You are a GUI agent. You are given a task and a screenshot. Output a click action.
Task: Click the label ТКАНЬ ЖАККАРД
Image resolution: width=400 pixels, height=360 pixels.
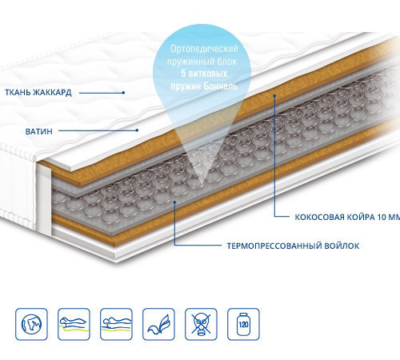pos(38,93)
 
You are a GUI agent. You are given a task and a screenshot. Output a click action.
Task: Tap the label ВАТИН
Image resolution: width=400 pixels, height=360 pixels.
pos(39,131)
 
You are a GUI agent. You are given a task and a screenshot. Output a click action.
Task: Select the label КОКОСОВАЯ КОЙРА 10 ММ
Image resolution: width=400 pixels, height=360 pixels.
pos(347,217)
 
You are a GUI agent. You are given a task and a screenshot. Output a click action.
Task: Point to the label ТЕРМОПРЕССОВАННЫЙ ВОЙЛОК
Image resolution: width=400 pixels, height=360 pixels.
pos(293,246)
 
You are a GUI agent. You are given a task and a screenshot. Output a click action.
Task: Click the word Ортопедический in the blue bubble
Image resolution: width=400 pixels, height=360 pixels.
pos(204,49)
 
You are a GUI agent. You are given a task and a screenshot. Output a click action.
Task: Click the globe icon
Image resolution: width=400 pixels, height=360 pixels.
pos(31,324)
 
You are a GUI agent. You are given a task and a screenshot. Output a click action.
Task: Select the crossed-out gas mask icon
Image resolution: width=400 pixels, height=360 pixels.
pos(201,324)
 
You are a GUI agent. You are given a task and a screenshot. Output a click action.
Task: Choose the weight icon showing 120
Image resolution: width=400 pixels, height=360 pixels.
pos(243,324)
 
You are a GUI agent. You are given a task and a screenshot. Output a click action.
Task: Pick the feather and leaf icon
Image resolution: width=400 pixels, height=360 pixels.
pos(158,324)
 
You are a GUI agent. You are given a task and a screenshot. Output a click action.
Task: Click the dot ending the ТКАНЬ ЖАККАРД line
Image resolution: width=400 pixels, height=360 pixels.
pos(123,93)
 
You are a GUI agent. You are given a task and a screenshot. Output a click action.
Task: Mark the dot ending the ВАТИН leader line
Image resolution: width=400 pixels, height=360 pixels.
pos(137,130)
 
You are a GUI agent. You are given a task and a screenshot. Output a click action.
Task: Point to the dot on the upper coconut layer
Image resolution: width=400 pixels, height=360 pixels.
pos(274,95)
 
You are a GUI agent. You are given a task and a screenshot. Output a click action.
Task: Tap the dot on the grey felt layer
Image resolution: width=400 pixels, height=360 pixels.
pos(174,202)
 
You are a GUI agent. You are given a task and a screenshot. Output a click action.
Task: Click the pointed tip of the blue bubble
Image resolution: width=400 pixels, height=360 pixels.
pos(201,185)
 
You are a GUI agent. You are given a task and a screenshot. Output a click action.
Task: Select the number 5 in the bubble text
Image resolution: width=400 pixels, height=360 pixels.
pos(183,74)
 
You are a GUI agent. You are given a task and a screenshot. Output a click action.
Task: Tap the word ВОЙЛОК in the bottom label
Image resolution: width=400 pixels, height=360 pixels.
pos(342,246)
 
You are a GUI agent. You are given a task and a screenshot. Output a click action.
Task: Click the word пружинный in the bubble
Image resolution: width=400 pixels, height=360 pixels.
pos(185,62)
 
